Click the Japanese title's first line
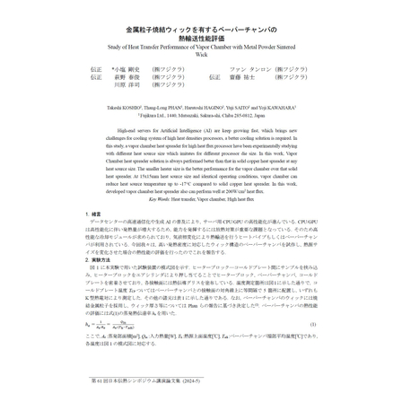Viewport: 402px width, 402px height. click(201, 30)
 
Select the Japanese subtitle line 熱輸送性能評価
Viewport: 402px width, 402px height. click(201, 38)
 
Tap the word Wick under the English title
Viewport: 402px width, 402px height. click(201, 53)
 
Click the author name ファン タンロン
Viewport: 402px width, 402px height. click(249, 68)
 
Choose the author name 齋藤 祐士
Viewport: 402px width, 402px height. click(241, 76)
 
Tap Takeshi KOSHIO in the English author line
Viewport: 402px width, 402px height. click(122, 108)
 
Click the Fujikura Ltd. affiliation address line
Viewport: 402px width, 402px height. click(201, 115)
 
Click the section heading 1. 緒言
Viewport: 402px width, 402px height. click(95, 213)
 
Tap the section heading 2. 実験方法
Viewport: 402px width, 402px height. click(100, 258)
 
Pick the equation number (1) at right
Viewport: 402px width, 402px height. click(311, 325)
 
